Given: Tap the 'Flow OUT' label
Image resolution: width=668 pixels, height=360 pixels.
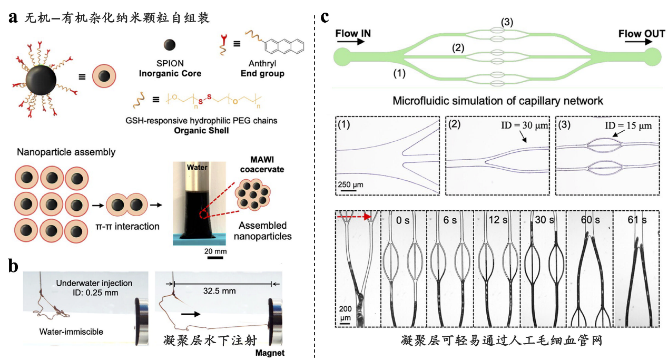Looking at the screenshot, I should click(x=638, y=34).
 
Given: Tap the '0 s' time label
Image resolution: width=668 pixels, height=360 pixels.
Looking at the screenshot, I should click(x=404, y=219).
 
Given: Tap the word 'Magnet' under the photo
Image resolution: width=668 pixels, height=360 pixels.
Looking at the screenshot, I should click(x=269, y=353).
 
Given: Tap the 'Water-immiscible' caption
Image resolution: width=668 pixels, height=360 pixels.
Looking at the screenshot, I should click(x=72, y=332).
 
